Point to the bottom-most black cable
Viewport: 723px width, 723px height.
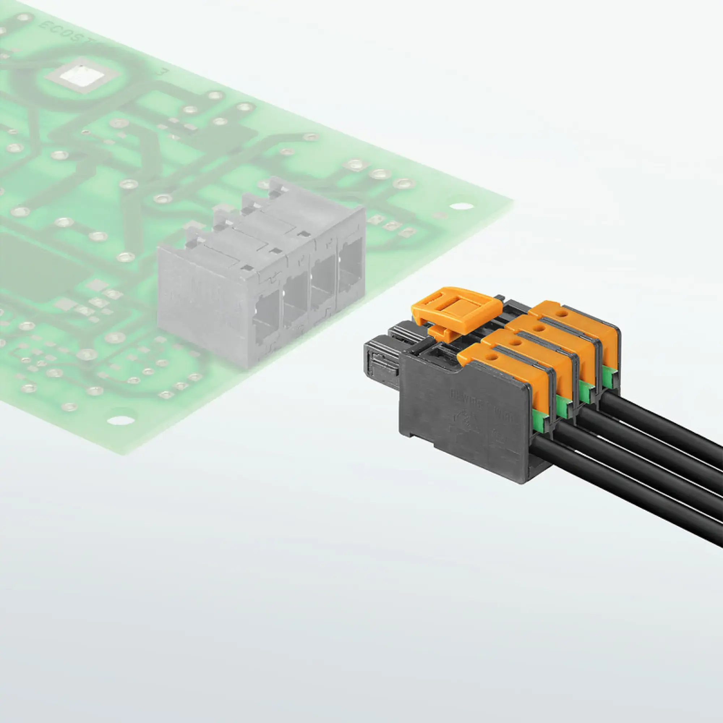[629, 483]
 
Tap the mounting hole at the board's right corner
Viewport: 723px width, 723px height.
[462, 206]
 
